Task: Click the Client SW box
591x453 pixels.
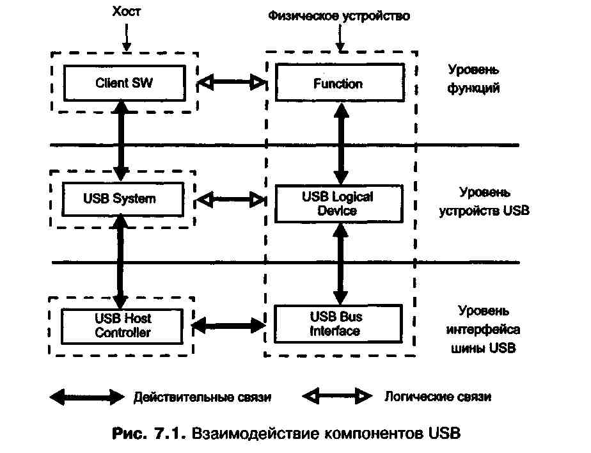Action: point(124,83)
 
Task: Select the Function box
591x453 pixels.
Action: point(338,83)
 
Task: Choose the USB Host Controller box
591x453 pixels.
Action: point(123,325)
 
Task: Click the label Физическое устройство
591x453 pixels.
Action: point(338,15)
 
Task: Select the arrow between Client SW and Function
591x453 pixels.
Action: point(232,83)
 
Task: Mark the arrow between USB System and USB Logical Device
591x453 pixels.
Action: point(232,200)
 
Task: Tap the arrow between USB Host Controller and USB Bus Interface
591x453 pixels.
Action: point(228,325)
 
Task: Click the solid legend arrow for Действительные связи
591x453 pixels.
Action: point(87,397)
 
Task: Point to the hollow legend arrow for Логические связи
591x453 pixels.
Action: point(336,396)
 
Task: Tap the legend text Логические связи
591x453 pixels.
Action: point(437,397)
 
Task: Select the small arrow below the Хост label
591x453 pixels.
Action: point(127,39)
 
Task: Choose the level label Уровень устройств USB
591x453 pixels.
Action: point(484,201)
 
